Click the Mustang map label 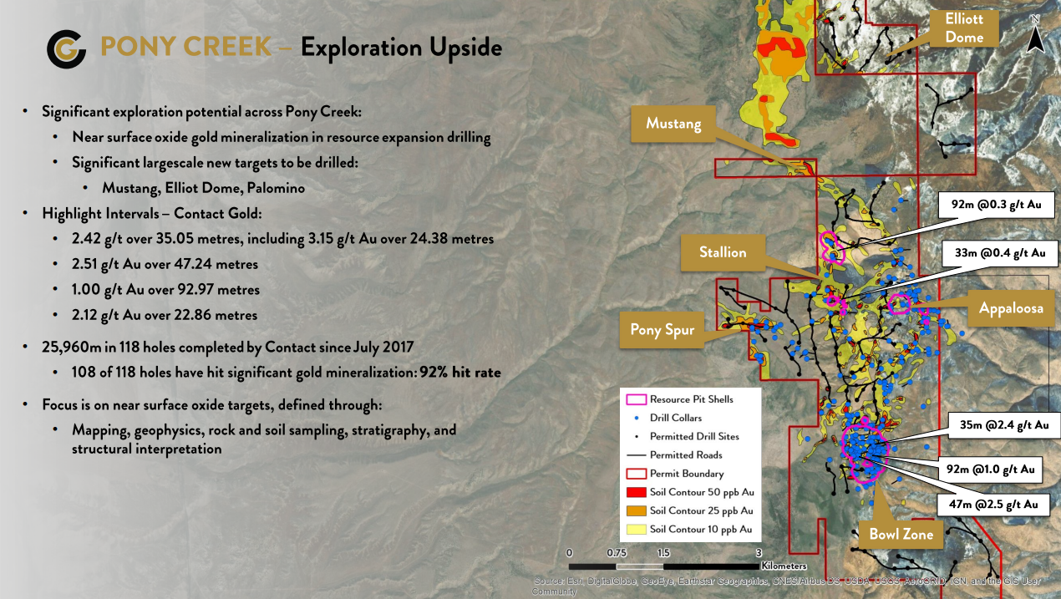click(x=673, y=124)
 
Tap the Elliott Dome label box click(x=964, y=28)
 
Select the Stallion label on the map click(x=723, y=252)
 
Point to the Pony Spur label click(x=662, y=329)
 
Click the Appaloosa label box click(x=1011, y=308)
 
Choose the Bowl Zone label click(x=901, y=535)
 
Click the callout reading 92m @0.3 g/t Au click(x=996, y=205)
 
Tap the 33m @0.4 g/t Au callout click(x=1000, y=253)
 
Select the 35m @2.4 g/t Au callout click(x=1003, y=425)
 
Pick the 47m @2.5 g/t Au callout click(x=993, y=505)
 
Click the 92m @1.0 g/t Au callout click(x=991, y=470)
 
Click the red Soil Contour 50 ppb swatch click(x=636, y=492)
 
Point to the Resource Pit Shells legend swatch click(x=636, y=399)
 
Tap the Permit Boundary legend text click(x=687, y=474)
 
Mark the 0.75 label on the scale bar click(x=617, y=553)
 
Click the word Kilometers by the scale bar click(x=784, y=566)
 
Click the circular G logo click(x=66, y=48)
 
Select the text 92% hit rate click(x=460, y=373)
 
